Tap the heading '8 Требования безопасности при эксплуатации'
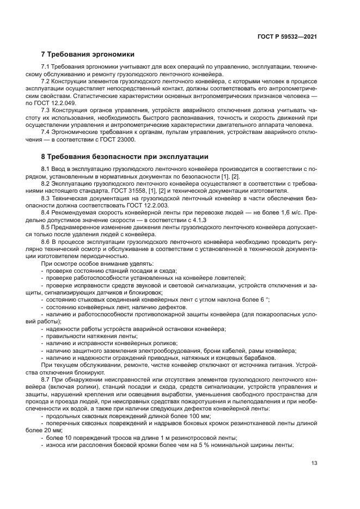[x=125, y=157]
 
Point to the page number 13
[x=314, y=463]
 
